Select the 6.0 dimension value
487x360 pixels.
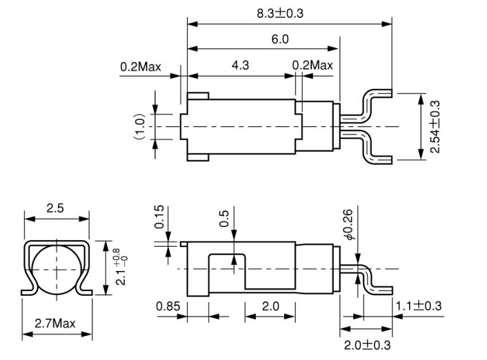click(279, 39)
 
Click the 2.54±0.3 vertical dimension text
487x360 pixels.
click(435, 127)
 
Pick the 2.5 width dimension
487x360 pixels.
click(57, 209)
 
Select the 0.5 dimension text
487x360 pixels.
click(223, 219)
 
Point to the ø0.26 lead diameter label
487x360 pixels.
click(348, 225)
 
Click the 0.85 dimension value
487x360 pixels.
click(168, 306)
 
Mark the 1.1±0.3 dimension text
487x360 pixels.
click(419, 306)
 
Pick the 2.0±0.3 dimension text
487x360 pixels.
click(368, 344)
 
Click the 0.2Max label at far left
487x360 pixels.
click(140, 67)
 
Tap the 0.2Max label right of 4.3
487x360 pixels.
click(312, 66)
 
